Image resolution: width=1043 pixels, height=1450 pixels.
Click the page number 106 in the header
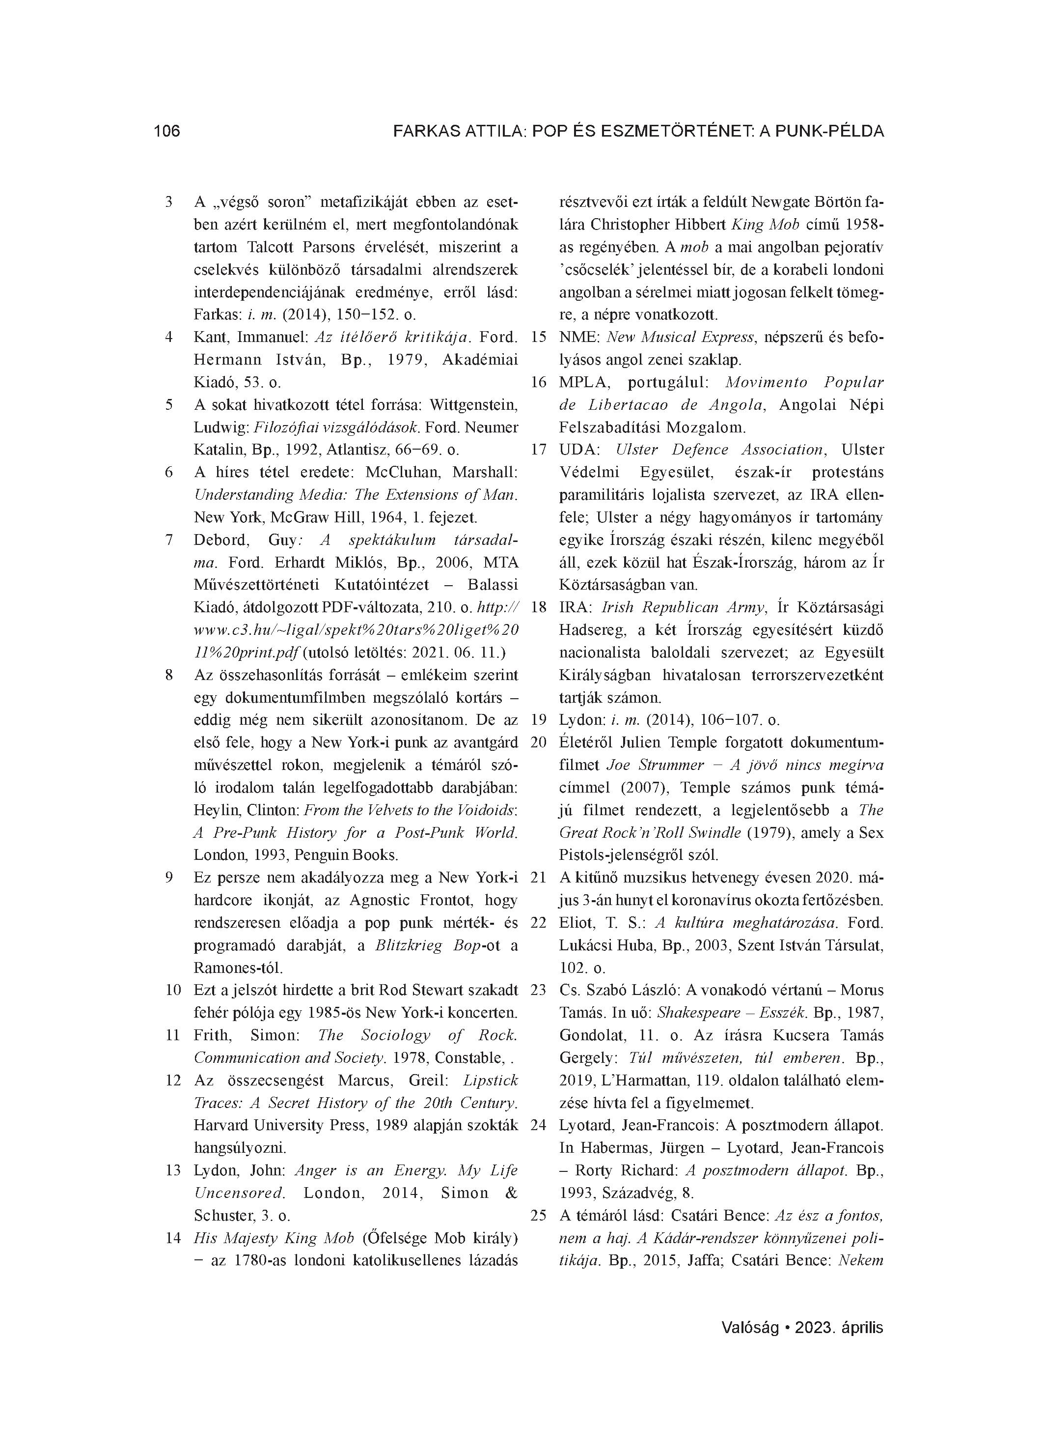[167, 132]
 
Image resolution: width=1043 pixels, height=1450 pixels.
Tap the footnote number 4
[169, 337]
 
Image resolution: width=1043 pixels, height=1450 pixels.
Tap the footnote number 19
[539, 720]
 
